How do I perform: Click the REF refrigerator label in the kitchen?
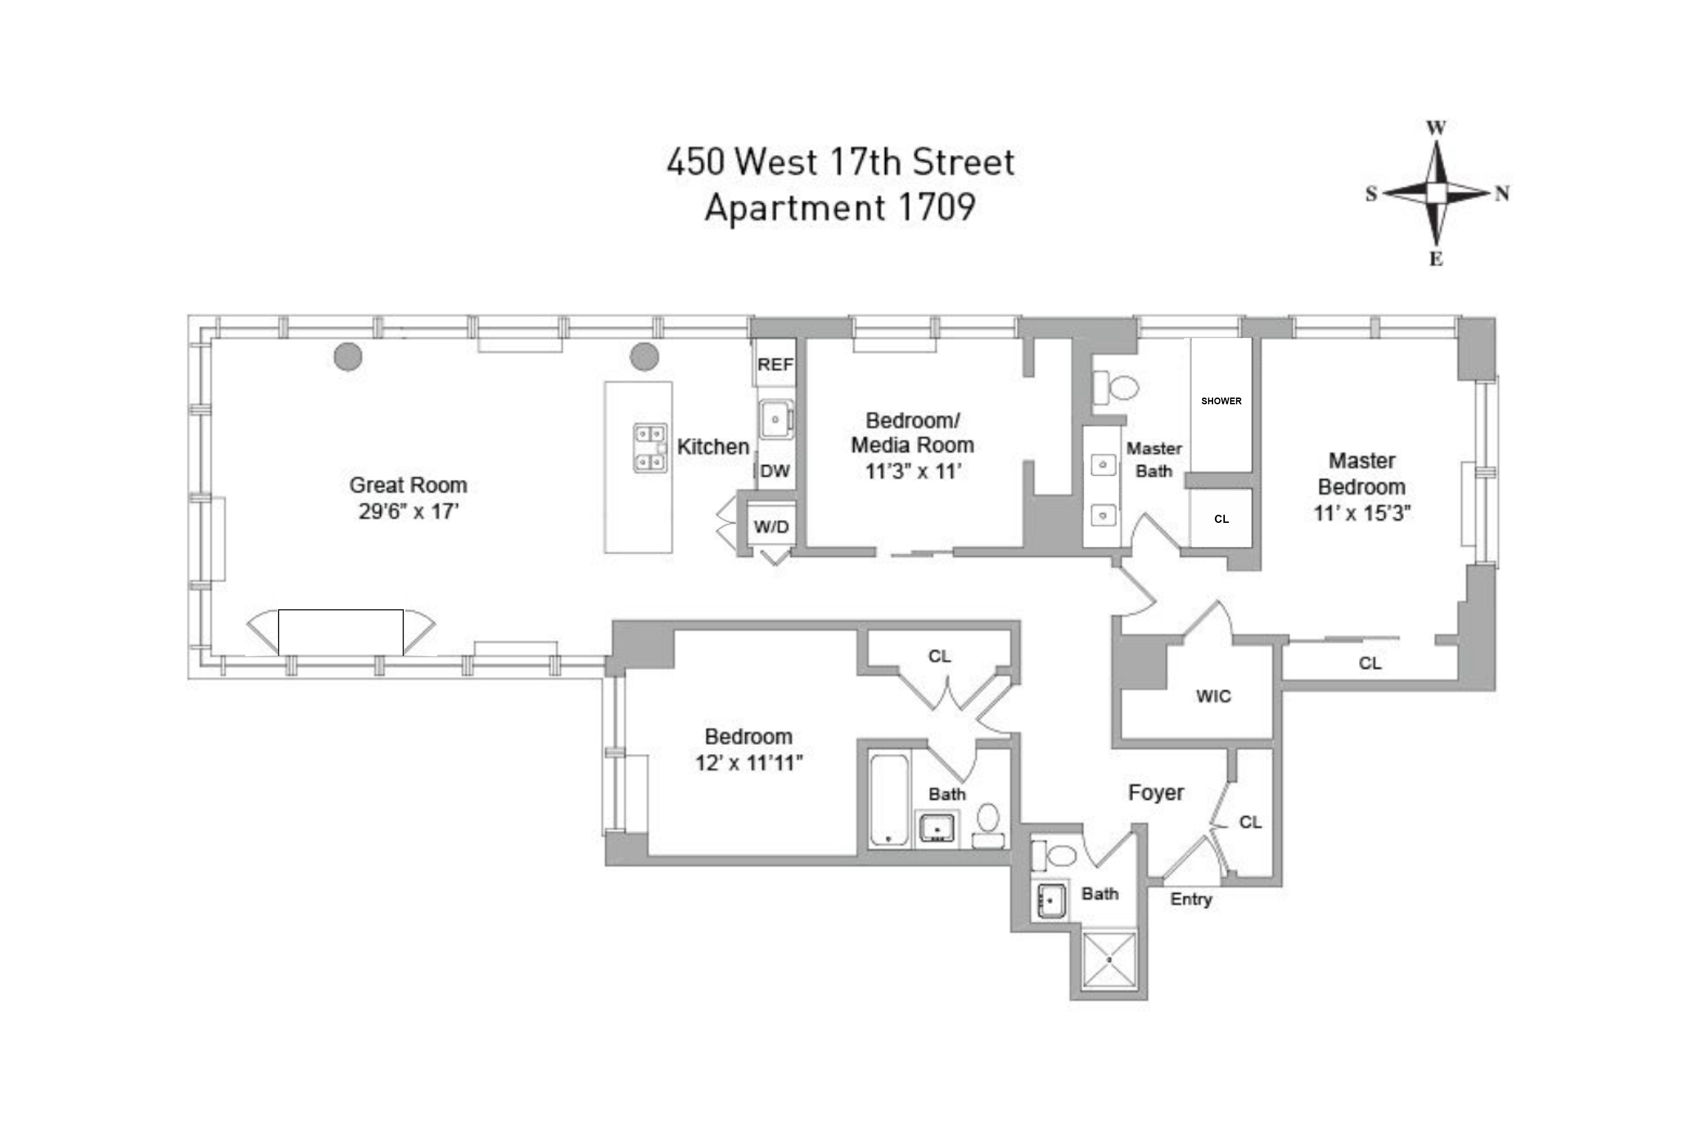775,365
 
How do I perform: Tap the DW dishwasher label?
775,471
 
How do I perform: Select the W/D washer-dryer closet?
772,527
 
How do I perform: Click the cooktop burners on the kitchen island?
650,447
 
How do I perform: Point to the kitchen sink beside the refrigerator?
775,419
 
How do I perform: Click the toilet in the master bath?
1116,388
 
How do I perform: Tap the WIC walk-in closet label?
1213,696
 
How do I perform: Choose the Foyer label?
1156,793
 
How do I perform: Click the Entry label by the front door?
1191,900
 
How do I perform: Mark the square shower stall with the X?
1109,959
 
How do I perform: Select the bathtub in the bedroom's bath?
889,799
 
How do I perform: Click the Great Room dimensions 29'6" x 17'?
408,511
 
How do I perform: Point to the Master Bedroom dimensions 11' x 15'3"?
1361,513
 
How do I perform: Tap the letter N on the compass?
1502,193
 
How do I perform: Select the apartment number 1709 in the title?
936,208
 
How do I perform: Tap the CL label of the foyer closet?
1250,822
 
